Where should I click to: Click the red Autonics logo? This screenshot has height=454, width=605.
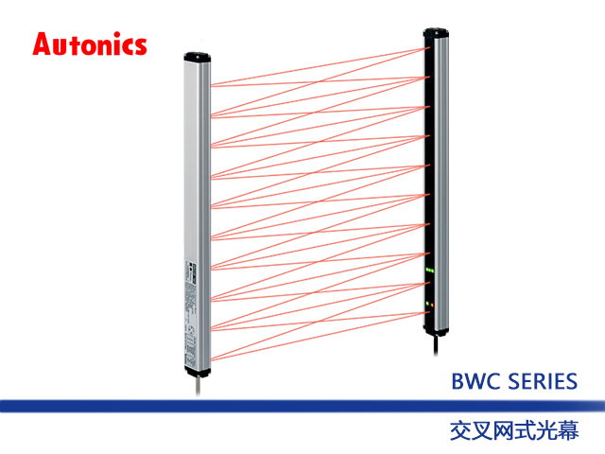click(x=90, y=44)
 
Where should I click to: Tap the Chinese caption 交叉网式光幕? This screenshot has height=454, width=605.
click(x=514, y=428)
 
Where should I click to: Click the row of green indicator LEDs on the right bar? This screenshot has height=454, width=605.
click(x=430, y=272)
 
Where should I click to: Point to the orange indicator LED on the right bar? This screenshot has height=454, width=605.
click(x=430, y=304)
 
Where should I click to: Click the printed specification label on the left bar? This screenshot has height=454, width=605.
click(x=189, y=303)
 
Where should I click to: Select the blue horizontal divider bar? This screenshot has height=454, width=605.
click(x=302, y=405)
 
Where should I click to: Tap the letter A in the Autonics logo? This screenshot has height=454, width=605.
click(x=43, y=44)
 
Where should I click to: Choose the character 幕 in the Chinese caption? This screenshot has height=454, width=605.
click(x=568, y=428)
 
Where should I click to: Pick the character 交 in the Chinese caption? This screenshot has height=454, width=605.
click(x=460, y=428)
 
